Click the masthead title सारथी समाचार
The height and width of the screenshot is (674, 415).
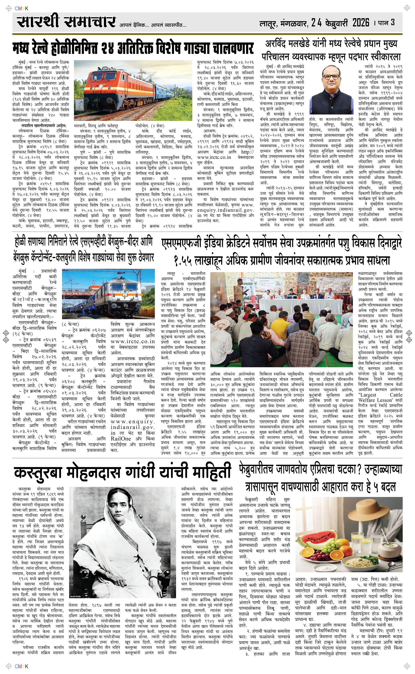[x=66, y=22]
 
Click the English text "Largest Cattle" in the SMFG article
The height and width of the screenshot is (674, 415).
[x=380, y=395]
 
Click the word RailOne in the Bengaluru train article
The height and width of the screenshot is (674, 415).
[x=120, y=438]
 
